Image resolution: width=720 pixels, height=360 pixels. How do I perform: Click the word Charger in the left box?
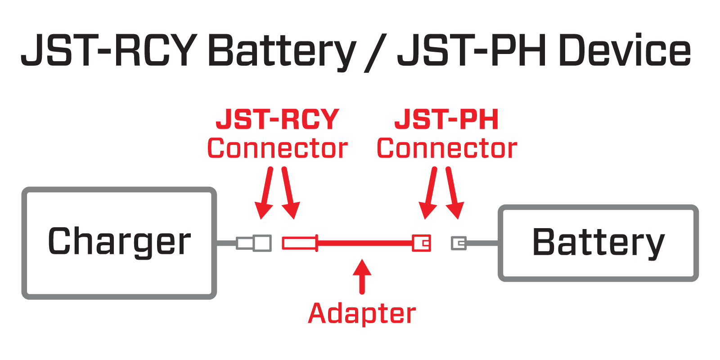[119, 242]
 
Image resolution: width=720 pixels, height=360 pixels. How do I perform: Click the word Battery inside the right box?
[598, 243]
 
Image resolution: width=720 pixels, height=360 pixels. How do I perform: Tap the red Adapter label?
[362, 314]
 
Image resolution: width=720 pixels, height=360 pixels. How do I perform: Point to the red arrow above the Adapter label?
[362, 275]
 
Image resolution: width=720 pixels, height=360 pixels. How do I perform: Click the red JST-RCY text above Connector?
[277, 120]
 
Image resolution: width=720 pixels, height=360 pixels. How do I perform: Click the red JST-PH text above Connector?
[447, 120]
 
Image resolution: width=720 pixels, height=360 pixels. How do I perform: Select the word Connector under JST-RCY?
[277, 148]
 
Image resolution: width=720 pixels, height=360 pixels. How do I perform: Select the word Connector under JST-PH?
[447, 148]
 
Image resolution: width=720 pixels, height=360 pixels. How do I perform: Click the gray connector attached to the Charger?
[255, 243]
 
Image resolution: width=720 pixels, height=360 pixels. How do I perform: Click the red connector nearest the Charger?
[299, 243]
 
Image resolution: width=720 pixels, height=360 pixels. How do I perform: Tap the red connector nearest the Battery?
[422, 243]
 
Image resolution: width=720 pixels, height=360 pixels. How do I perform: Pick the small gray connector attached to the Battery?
[459, 243]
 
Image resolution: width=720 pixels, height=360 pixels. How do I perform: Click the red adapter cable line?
[364, 243]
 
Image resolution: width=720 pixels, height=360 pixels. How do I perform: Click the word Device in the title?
[624, 50]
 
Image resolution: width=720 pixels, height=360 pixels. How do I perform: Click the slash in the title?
[376, 52]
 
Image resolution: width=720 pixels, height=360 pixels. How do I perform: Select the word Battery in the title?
[281, 50]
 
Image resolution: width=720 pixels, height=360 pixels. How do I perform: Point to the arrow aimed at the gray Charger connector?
[265, 193]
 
